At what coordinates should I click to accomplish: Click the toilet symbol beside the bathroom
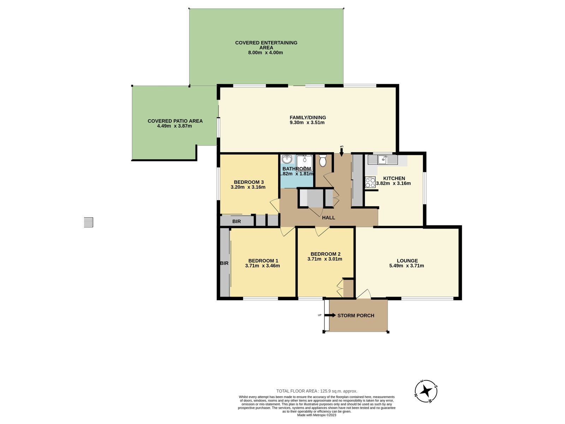(x=322, y=160)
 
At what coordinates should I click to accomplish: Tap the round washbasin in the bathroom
(x=286, y=159)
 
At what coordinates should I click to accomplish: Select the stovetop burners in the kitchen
(x=370, y=182)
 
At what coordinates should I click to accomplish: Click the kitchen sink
(x=382, y=159)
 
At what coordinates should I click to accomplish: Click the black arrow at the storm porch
(x=330, y=315)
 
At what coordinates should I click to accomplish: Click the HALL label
(x=328, y=218)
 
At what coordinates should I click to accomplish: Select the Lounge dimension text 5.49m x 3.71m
(x=406, y=266)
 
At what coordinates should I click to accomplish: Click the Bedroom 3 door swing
(x=275, y=206)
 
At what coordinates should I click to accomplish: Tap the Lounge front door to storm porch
(x=363, y=294)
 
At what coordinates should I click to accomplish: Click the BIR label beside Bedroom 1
(x=224, y=263)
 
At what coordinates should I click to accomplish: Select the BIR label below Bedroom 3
(x=237, y=222)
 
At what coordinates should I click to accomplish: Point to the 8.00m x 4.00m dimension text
(x=266, y=53)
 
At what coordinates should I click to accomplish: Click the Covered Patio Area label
(x=175, y=121)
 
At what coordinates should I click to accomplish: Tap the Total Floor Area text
(x=317, y=391)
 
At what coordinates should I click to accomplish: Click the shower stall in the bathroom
(x=304, y=163)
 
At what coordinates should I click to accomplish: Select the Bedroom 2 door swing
(x=322, y=231)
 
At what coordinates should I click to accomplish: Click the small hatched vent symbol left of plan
(x=88, y=222)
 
